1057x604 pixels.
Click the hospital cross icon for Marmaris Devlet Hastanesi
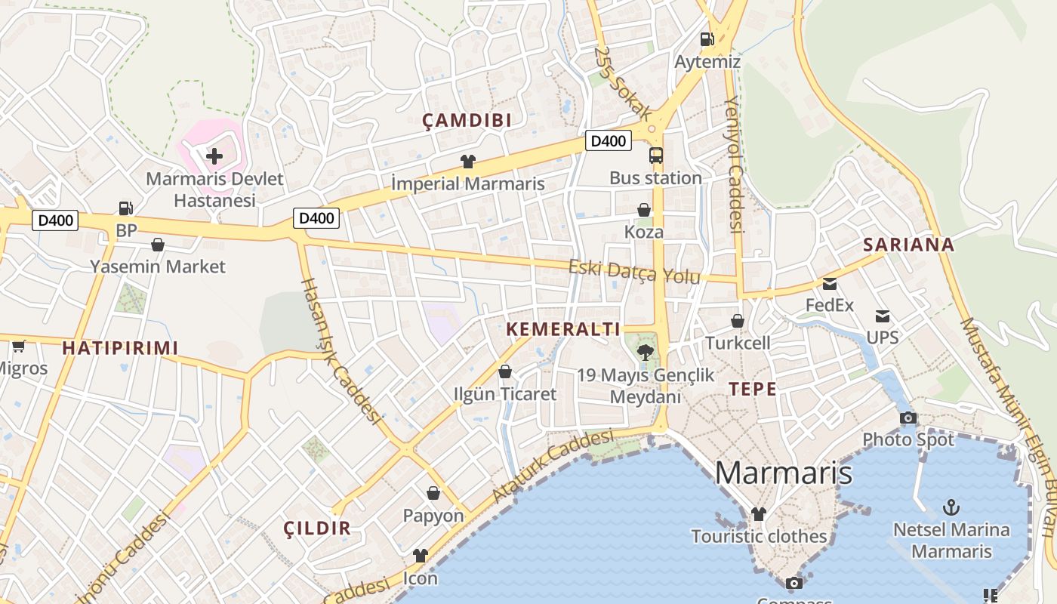tap(214, 156)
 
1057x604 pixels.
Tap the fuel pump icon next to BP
tap(126, 208)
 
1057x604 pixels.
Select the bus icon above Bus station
tap(656, 156)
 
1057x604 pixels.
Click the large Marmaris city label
tap(784, 473)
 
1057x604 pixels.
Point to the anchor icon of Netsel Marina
tap(951, 507)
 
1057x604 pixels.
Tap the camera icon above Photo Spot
tap(908, 418)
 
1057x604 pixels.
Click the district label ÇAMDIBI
tap(467, 120)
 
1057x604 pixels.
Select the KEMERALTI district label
tap(563, 329)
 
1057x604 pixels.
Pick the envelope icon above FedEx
tap(830, 284)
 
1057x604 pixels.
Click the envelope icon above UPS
tap(882, 316)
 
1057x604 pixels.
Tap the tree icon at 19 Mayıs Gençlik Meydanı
tap(646, 352)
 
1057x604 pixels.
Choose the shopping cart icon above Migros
tap(18, 346)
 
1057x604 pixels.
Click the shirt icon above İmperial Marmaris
tap(468, 161)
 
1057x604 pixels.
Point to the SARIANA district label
tap(909, 245)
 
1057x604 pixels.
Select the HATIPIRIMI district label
tap(120, 348)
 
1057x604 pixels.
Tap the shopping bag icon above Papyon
tap(433, 493)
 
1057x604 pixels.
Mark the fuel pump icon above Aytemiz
tap(707, 39)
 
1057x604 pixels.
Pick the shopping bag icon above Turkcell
tap(738, 321)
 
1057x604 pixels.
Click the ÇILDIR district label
tap(317, 528)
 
